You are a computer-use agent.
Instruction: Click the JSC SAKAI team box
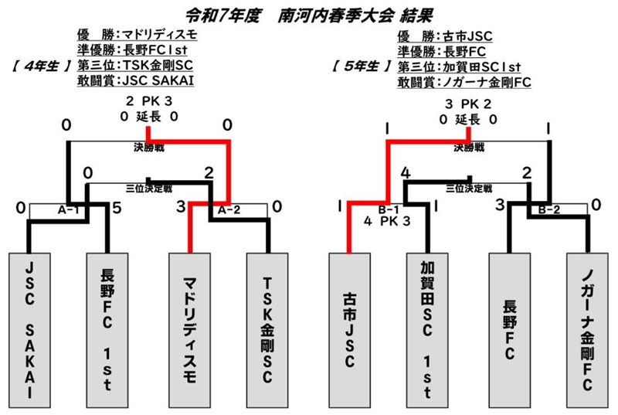pyautogui.click(x=29, y=330)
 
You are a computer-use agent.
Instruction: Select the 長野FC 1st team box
pyautogui.click(x=107, y=330)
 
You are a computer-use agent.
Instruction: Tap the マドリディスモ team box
pyautogui.click(x=189, y=330)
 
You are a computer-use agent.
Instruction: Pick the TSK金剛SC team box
pyautogui.click(x=267, y=330)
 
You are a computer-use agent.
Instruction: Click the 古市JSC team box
pyautogui.click(x=350, y=330)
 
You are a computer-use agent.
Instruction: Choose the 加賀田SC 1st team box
pyautogui.click(x=427, y=330)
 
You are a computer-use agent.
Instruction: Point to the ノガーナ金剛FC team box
pyautogui.click(x=587, y=330)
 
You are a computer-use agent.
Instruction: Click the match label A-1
pyautogui.click(x=68, y=210)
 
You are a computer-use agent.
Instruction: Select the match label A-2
pyautogui.click(x=229, y=210)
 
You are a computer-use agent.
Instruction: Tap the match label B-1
pyautogui.click(x=389, y=209)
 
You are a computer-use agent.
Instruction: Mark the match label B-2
pyautogui.click(x=549, y=209)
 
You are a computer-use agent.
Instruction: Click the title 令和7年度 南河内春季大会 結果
pyautogui.click(x=309, y=16)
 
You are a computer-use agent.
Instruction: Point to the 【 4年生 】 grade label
pyautogui.click(x=42, y=66)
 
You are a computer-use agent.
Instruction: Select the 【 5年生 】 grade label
pyautogui.click(x=362, y=66)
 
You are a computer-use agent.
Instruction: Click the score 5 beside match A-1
pyautogui.click(x=117, y=208)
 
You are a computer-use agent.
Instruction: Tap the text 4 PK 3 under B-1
pyautogui.click(x=387, y=221)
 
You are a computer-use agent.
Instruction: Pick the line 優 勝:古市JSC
pyautogui.click(x=445, y=36)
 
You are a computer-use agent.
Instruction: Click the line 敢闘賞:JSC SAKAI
pyautogui.click(x=136, y=80)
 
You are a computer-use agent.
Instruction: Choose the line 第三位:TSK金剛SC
pyautogui.click(x=135, y=66)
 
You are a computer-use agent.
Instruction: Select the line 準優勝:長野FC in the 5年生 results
pyautogui.click(x=441, y=52)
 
